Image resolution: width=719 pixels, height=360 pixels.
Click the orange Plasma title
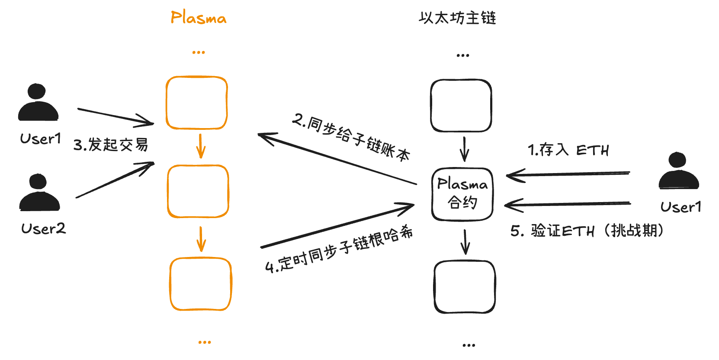tap(198, 18)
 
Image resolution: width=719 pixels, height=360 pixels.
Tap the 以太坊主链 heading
tap(457, 18)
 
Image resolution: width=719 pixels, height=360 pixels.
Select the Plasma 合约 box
tap(462, 194)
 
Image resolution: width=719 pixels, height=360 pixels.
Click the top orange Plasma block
tap(197, 103)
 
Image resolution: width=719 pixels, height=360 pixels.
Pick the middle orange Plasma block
tap(198, 191)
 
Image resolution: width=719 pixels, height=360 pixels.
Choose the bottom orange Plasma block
tap(201, 284)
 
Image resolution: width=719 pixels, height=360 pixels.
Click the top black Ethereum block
tap(461, 106)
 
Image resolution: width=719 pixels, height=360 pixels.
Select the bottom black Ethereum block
tap(465, 286)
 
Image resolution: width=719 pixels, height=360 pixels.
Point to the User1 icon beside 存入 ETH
tap(678, 171)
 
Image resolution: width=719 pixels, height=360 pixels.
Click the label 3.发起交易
tap(111, 145)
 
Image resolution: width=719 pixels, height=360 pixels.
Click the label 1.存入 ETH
tap(568, 150)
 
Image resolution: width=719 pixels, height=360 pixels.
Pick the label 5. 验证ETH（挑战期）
tap(587, 231)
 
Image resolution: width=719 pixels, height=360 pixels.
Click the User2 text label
tap(43, 228)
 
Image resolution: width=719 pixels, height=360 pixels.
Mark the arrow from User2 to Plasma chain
tap(115, 180)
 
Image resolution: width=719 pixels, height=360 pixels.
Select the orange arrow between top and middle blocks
tap(200, 146)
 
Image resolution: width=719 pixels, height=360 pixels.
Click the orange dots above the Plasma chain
tap(199, 52)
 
